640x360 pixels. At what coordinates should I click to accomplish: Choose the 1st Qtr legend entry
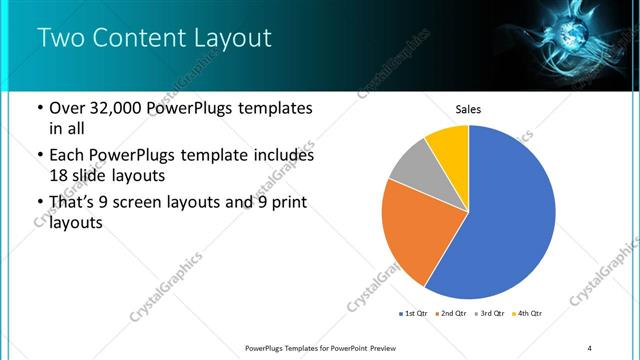pos(416,314)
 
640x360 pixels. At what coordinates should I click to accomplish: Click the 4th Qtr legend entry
pos(529,314)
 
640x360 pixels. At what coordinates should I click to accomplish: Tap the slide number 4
pos(590,347)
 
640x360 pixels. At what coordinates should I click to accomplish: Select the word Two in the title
pos(62,39)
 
